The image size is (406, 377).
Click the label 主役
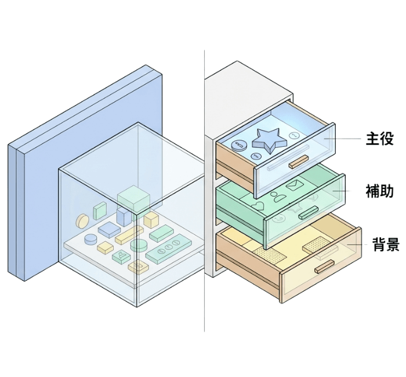(x=380, y=139)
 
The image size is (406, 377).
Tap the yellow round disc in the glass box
(x=83, y=220)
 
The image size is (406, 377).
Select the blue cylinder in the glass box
(x=91, y=239)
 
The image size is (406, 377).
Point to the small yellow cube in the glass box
(x=151, y=219)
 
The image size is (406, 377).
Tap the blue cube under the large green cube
(x=124, y=217)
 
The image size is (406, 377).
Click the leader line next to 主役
(x=347, y=139)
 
